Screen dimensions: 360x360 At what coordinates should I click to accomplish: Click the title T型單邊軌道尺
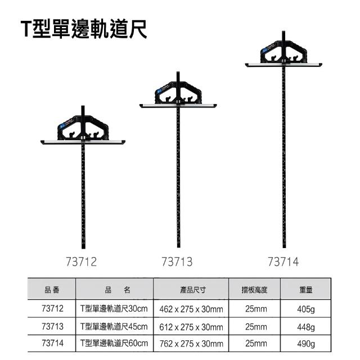pyautogui.click(x=84, y=29)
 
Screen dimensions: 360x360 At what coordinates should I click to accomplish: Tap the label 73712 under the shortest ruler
pyautogui.click(x=81, y=262)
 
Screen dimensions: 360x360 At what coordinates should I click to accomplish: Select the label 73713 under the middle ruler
pyautogui.click(x=177, y=262)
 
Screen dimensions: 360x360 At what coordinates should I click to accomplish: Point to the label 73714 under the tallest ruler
pyautogui.click(x=283, y=262)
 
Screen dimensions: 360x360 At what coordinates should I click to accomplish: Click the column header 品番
pyautogui.click(x=52, y=290)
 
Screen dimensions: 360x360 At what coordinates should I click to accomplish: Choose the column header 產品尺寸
pyautogui.click(x=193, y=290)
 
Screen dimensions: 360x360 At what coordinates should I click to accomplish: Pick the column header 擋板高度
pyautogui.click(x=254, y=290)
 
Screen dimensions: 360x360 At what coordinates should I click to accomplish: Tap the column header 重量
pyautogui.click(x=306, y=290)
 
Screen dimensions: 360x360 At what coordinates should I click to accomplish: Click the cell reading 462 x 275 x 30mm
pyautogui.click(x=191, y=309)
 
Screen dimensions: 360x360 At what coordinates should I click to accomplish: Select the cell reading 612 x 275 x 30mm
pyautogui.click(x=191, y=327)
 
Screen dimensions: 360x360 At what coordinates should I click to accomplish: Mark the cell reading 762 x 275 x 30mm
pyautogui.click(x=191, y=344)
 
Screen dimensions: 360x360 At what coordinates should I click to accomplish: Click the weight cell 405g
pyautogui.click(x=306, y=309)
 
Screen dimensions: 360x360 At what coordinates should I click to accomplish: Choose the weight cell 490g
pyautogui.click(x=306, y=344)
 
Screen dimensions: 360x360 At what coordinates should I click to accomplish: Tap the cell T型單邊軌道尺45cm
pyautogui.click(x=114, y=326)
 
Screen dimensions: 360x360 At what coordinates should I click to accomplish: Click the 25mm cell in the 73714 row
pyautogui.click(x=256, y=344)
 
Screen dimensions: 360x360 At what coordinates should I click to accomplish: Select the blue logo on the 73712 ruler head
pyautogui.click(x=62, y=127)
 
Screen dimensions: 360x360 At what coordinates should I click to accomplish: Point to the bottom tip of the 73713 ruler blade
pyautogui.click(x=178, y=247)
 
